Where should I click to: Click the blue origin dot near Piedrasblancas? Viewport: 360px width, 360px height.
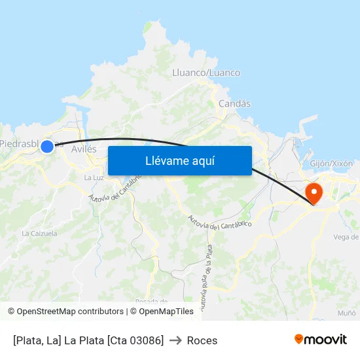pyautogui.click(x=47, y=147)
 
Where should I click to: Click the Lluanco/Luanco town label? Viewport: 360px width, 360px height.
pyautogui.click(x=206, y=73)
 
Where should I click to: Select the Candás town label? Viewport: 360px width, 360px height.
pyautogui.click(x=234, y=103)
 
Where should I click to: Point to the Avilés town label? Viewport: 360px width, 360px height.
pyautogui.click(x=84, y=149)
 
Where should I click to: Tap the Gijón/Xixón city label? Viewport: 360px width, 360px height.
pyautogui.click(x=331, y=163)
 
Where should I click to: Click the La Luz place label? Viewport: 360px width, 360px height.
pyautogui.click(x=94, y=177)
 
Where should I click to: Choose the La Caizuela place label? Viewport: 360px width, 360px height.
pyautogui.click(x=39, y=233)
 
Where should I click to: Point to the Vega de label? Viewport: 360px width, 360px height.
pyautogui.click(x=346, y=237)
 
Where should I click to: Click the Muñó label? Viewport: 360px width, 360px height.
pyautogui.click(x=347, y=314)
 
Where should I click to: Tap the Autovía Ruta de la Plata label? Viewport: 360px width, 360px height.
pyautogui.click(x=205, y=275)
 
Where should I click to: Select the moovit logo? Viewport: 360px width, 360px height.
pyautogui.click(x=321, y=339)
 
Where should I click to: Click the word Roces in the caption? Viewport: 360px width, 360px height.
pyautogui.click(x=202, y=340)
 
